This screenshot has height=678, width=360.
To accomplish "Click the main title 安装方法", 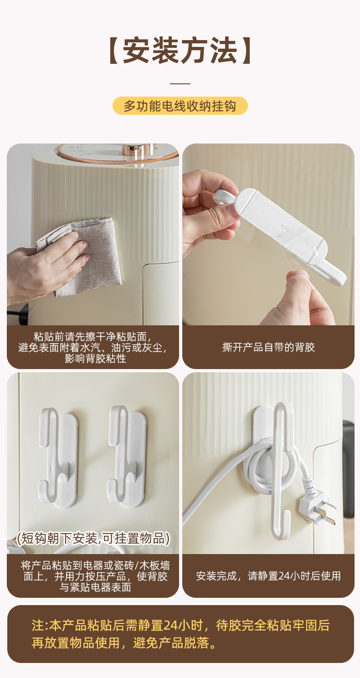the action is [180, 50].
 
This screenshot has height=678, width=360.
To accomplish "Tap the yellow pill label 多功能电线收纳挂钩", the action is [180, 106].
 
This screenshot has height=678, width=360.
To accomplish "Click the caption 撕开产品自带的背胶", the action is [268, 347].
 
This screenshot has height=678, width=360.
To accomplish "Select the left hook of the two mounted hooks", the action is [57, 457].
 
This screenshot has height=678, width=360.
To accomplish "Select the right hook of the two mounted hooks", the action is [127, 457].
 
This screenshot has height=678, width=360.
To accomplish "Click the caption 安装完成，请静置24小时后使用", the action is [268, 575].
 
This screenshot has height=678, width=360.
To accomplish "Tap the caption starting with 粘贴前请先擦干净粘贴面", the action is [93, 348].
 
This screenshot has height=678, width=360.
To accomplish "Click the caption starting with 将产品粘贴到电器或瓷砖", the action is [95, 576].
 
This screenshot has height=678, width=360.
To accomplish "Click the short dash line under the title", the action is [180, 83].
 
